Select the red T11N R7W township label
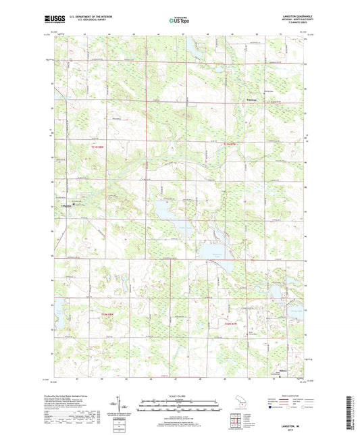231,143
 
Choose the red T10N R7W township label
231,323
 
